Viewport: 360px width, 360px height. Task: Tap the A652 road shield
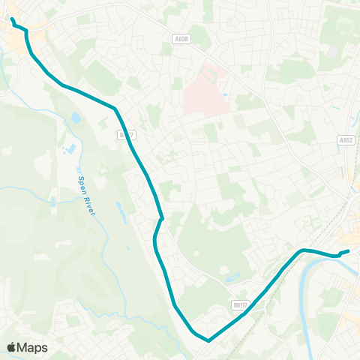point(345,140)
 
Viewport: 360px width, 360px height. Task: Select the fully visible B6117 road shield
point(239,304)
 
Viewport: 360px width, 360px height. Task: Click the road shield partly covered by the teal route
point(126,135)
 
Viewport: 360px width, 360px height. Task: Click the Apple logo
point(11,347)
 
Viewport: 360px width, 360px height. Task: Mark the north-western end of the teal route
point(13,17)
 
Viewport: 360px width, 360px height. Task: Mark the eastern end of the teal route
point(349,251)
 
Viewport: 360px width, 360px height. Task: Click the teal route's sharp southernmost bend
point(208,340)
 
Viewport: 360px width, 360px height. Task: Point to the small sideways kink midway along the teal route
point(160,219)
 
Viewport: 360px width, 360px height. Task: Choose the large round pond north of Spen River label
point(76,118)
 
